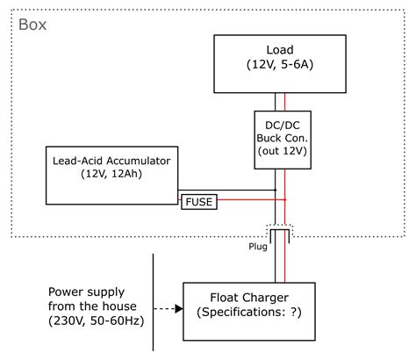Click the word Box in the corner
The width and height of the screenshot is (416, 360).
[32, 24]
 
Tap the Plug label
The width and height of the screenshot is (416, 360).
[257, 247]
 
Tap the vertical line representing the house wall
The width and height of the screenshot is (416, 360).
[154, 299]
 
